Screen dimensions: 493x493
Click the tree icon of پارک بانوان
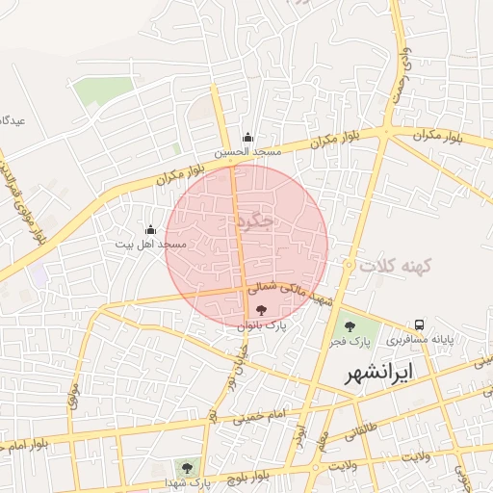click(x=261, y=310)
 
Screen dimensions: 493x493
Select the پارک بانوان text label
click(x=263, y=327)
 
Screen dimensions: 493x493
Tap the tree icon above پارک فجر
click(x=349, y=324)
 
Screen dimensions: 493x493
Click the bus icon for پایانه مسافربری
click(x=419, y=324)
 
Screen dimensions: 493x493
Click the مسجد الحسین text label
click(x=247, y=152)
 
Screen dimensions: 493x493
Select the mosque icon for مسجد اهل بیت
click(x=150, y=229)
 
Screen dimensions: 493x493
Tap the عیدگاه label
click(x=12, y=121)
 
